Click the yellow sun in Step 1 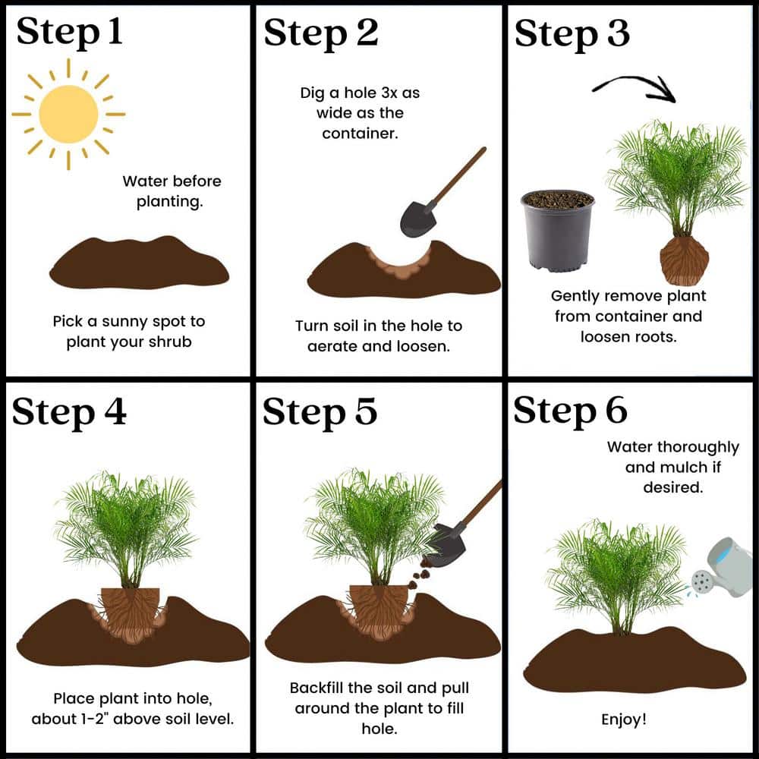pos(68,115)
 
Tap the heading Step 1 pos(69,32)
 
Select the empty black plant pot pos(558,231)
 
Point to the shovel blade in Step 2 pos(418,219)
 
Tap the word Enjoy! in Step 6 pos(623,720)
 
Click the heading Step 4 pos(69,412)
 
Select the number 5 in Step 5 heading pos(366,411)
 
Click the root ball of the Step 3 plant pos(684,260)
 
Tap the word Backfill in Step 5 pos(316,688)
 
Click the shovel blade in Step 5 pos(447,546)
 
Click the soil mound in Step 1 pos(139,262)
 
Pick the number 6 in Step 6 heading pos(616,411)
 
